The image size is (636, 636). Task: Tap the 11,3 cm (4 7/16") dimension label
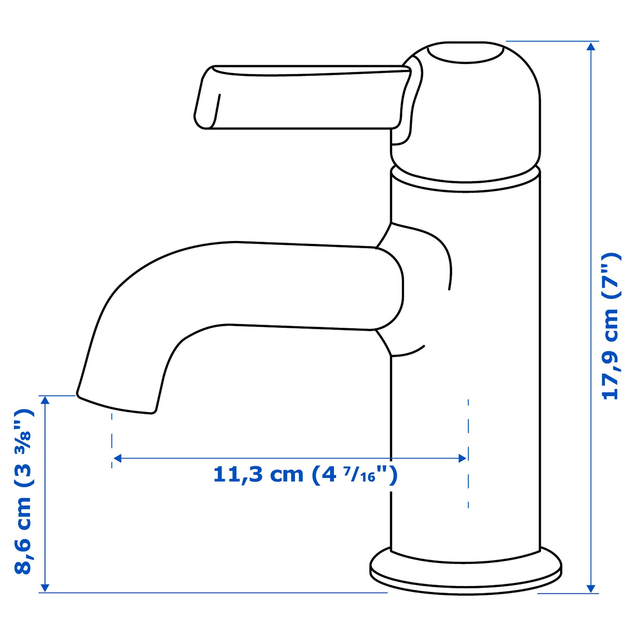click(305, 474)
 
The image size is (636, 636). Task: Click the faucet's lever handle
click(303, 97)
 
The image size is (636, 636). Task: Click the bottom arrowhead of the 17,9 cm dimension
click(591, 588)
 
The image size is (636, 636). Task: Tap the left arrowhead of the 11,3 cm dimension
click(117, 458)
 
